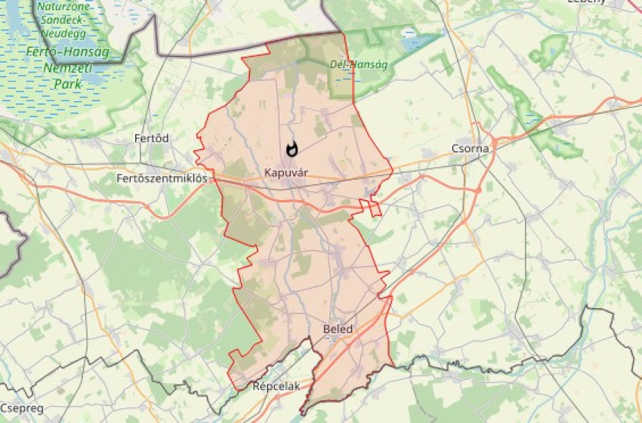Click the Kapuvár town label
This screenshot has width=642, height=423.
286,173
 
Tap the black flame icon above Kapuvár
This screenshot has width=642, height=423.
292,150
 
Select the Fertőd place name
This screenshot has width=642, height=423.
151,138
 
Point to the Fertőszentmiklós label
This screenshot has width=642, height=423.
162,179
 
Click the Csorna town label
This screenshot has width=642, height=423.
470,148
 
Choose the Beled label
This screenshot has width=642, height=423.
338,329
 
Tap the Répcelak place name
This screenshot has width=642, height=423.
276,386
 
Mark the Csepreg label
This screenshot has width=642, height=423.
22,408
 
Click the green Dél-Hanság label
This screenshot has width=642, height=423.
359,65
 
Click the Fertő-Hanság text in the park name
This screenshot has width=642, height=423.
67,52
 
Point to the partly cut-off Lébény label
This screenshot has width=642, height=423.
586,2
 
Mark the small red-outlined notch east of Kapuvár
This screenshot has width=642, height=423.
370,208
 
